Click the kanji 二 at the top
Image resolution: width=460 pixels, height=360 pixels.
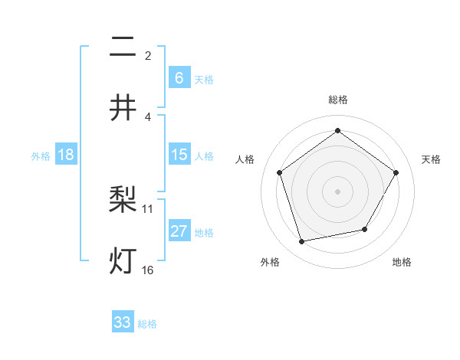click(x=123, y=48)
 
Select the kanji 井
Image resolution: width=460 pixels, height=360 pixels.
click(x=123, y=108)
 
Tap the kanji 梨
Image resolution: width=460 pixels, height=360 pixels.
click(x=123, y=201)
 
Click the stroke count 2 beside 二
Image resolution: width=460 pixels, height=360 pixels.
click(x=148, y=56)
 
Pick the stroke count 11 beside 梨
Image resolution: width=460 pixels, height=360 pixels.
click(x=148, y=208)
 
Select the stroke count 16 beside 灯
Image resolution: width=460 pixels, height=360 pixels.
click(x=148, y=270)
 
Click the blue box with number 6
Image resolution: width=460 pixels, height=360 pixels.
click(x=179, y=78)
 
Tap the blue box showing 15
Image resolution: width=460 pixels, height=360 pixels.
click(x=179, y=155)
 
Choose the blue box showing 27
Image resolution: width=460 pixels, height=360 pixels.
click(x=179, y=231)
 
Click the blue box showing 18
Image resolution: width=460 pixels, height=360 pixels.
click(x=66, y=155)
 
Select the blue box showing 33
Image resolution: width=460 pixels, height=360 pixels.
click(x=123, y=322)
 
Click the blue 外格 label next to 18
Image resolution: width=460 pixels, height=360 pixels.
click(x=41, y=155)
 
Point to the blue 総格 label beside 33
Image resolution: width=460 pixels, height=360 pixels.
click(x=147, y=324)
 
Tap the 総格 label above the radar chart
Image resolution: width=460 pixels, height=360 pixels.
click(x=337, y=100)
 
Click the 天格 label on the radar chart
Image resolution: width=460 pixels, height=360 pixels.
click(x=432, y=159)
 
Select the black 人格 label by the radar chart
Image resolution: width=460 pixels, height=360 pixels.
click(x=245, y=159)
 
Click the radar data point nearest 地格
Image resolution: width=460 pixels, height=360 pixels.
click(x=365, y=229)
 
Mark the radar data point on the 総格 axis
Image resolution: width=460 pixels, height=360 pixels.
click(x=337, y=131)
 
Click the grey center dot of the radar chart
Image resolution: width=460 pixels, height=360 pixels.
click(x=337, y=191)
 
